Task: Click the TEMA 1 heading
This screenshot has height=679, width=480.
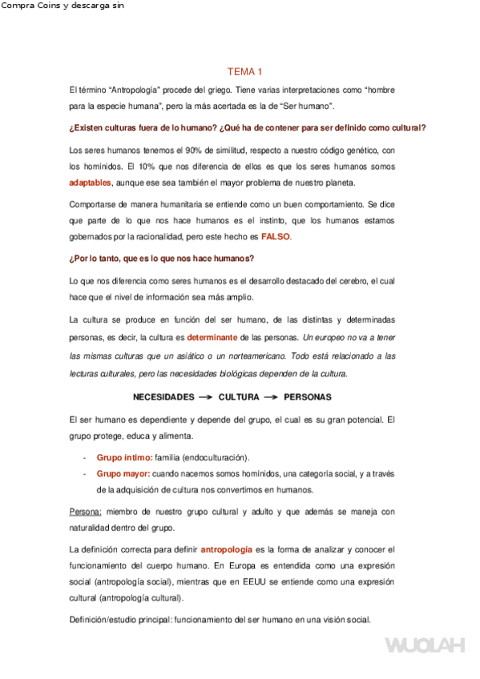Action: [x=240, y=71]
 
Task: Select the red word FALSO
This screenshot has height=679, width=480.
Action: [x=276, y=237]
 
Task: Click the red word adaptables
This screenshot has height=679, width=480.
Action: [x=91, y=183]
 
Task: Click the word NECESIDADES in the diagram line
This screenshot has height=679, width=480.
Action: [x=163, y=397]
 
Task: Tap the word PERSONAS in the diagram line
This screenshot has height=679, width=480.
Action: [x=308, y=397]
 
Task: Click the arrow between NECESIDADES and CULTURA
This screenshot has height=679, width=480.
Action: [x=206, y=397]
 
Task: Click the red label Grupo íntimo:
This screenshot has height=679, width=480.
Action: [x=124, y=457]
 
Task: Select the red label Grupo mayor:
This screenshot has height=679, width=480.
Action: [x=124, y=474]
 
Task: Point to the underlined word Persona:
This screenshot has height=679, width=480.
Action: [x=86, y=512]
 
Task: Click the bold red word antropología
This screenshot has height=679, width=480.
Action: [x=226, y=550]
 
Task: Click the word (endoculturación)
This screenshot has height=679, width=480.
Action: [x=216, y=457]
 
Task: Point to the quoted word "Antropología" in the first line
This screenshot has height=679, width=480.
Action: [x=135, y=90]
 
